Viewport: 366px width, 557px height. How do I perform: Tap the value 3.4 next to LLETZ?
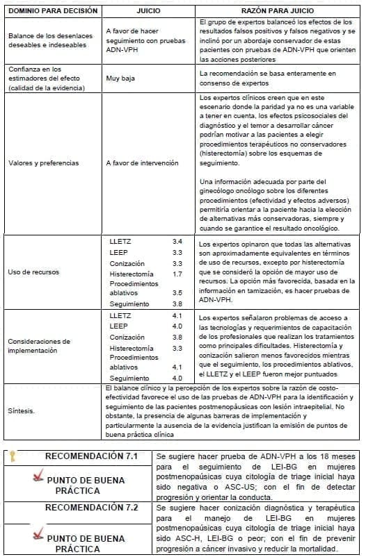pyautogui.click(x=177, y=241)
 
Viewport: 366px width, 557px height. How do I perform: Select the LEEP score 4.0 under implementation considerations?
pyautogui.click(x=177, y=326)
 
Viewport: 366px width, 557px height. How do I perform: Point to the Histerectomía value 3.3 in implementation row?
pyautogui.click(x=177, y=348)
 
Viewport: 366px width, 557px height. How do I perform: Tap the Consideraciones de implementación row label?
pyautogui.click(x=39, y=346)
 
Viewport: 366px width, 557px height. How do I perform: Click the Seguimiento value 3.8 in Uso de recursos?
pyautogui.click(x=177, y=304)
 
